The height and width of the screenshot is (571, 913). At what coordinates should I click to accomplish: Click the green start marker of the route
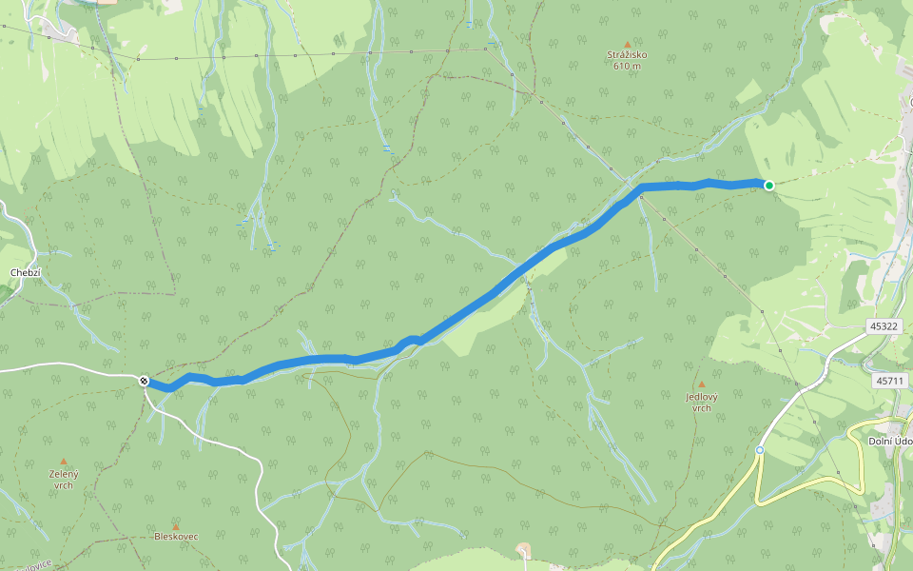click(x=768, y=186)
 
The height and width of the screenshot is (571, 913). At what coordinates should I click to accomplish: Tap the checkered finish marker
click(x=144, y=381)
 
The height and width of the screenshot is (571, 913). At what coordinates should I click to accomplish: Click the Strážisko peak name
click(x=627, y=56)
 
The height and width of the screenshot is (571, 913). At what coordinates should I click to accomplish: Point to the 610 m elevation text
click(x=627, y=67)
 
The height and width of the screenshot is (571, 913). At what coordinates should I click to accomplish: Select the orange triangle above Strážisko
click(x=627, y=44)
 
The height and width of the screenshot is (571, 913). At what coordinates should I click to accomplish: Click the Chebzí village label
click(x=24, y=272)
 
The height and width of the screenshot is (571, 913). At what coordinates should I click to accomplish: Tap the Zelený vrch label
click(x=64, y=479)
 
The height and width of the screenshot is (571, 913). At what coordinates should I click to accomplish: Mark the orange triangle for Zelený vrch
click(x=64, y=462)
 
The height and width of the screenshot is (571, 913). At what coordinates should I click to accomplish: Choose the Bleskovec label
click(x=176, y=537)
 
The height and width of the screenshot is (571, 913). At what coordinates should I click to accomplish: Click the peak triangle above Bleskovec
click(x=176, y=525)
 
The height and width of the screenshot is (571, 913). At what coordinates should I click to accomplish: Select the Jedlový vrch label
click(x=701, y=402)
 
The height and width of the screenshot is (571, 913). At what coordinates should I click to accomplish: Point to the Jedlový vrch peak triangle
click(x=702, y=384)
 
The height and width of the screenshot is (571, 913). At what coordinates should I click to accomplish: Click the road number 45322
click(x=883, y=326)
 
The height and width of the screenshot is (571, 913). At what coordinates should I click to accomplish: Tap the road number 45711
click(x=888, y=381)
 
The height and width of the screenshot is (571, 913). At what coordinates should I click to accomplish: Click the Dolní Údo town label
click(x=890, y=441)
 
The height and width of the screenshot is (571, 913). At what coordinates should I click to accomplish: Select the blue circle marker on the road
click(x=760, y=450)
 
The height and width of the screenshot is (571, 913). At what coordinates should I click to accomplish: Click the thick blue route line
click(x=476, y=305)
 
